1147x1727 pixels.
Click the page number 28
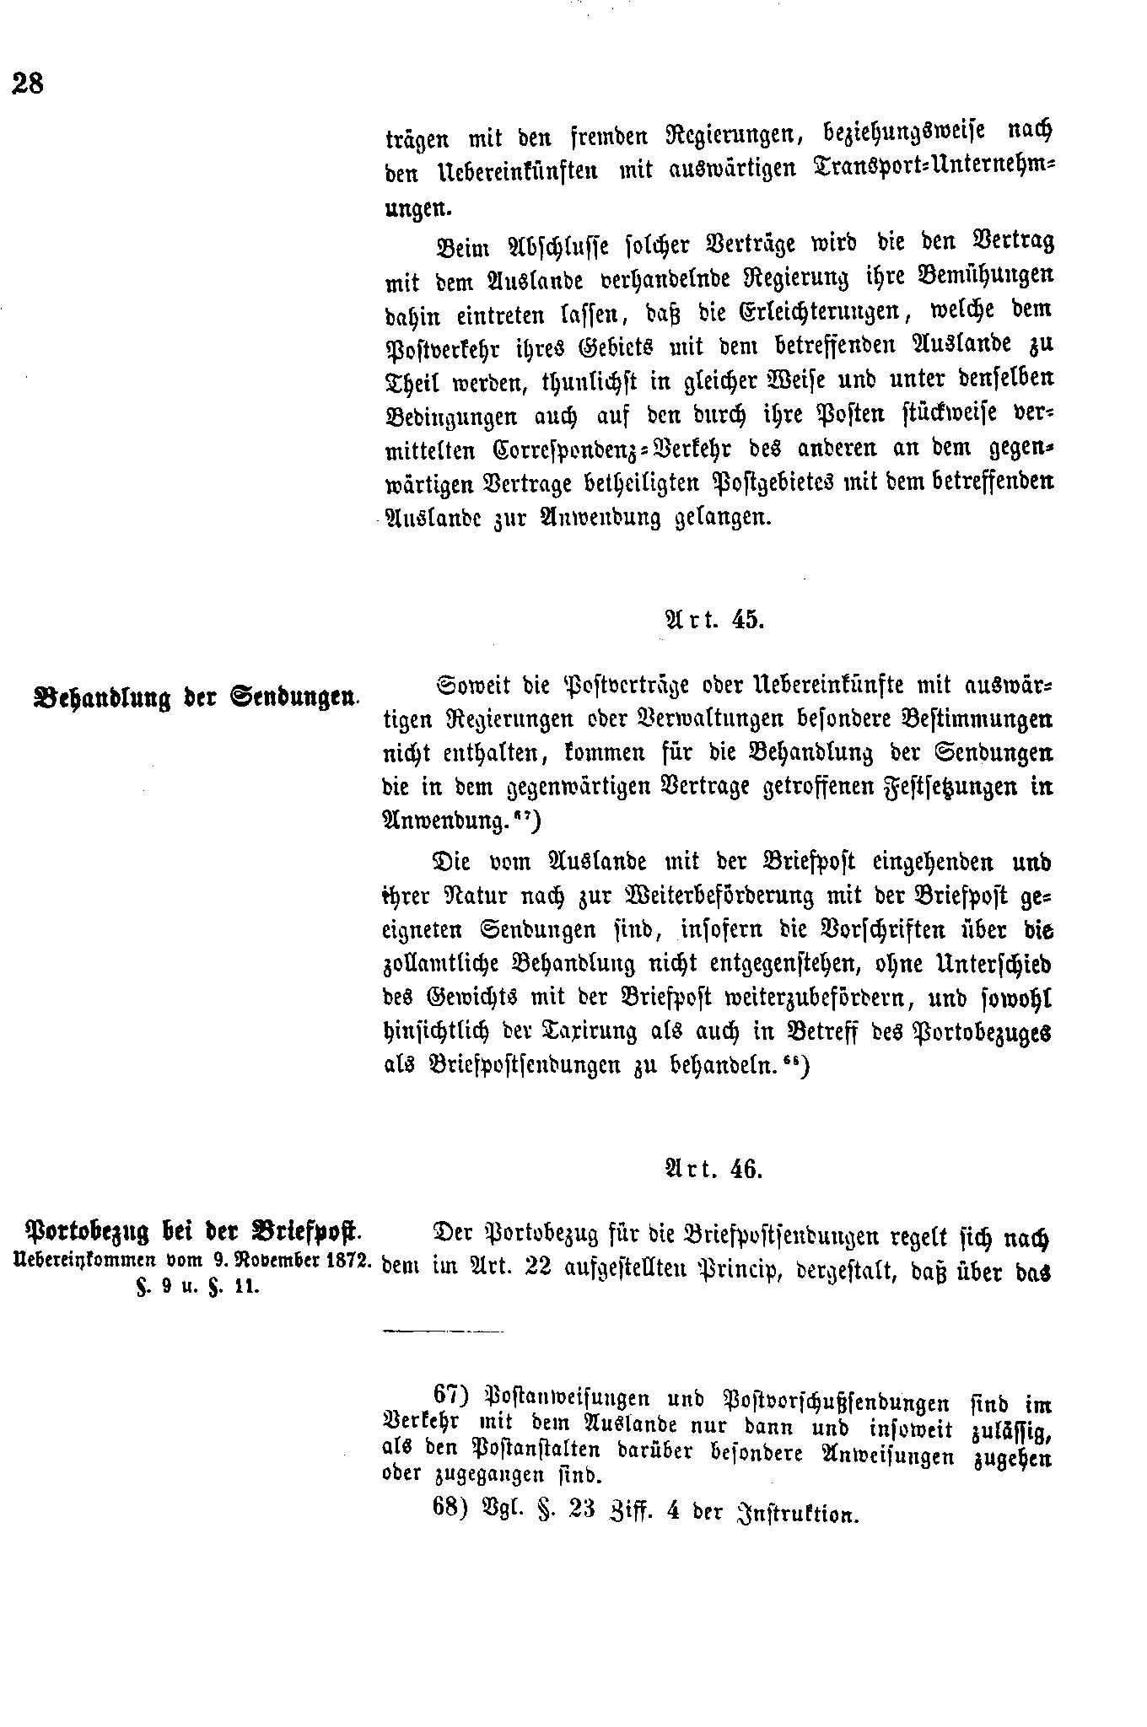coord(28,83)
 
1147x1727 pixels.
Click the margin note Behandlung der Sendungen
coord(192,697)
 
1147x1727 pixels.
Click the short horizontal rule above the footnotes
coord(443,1332)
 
